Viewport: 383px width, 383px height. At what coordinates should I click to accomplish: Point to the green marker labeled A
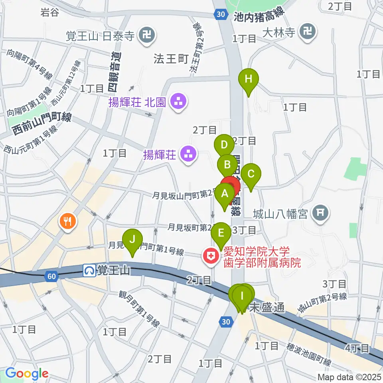pos(225,195)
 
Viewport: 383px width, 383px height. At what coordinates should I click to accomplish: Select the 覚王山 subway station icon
pos(89,271)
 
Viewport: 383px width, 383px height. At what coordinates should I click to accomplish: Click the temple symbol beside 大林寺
pos(308,31)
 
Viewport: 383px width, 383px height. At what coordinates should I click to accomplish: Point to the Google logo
pos(26,374)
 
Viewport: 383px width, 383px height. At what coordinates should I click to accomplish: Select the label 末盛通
pos(267,308)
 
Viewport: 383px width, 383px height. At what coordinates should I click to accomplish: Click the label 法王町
pos(170,59)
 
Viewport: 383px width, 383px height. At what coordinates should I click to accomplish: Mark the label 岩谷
pos(50,12)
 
